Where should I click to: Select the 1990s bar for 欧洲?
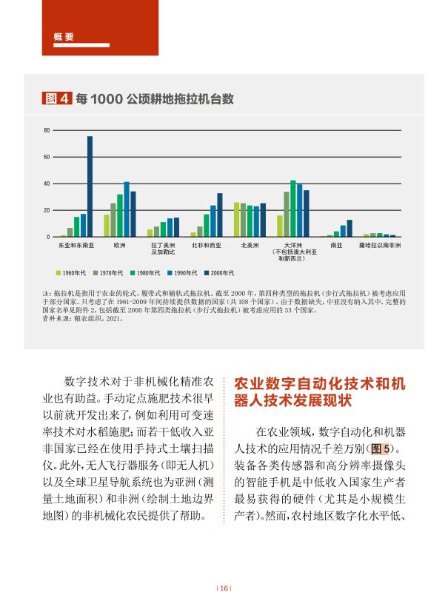(x=127, y=209)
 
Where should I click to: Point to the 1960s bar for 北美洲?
(x=237, y=220)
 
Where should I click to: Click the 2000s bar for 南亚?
(x=350, y=229)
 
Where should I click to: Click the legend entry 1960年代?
(x=73, y=274)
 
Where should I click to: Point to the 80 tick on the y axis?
(x=46, y=130)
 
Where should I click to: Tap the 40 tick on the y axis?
(x=46, y=184)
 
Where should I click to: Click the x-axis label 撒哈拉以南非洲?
(x=380, y=243)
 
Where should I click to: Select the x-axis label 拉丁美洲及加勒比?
(x=163, y=246)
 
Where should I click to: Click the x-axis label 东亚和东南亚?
(x=76, y=243)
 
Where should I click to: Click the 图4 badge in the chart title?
(x=57, y=98)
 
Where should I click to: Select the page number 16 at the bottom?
(x=224, y=589)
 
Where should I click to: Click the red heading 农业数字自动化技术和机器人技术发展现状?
(x=320, y=393)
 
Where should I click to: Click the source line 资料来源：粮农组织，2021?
(x=84, y=320)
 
